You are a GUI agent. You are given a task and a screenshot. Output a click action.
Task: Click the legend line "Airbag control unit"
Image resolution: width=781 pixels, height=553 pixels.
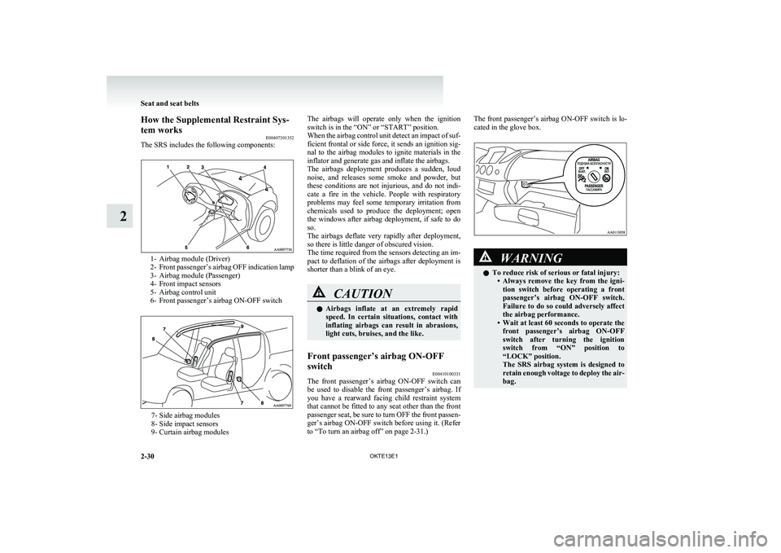(x=194, y=292)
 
